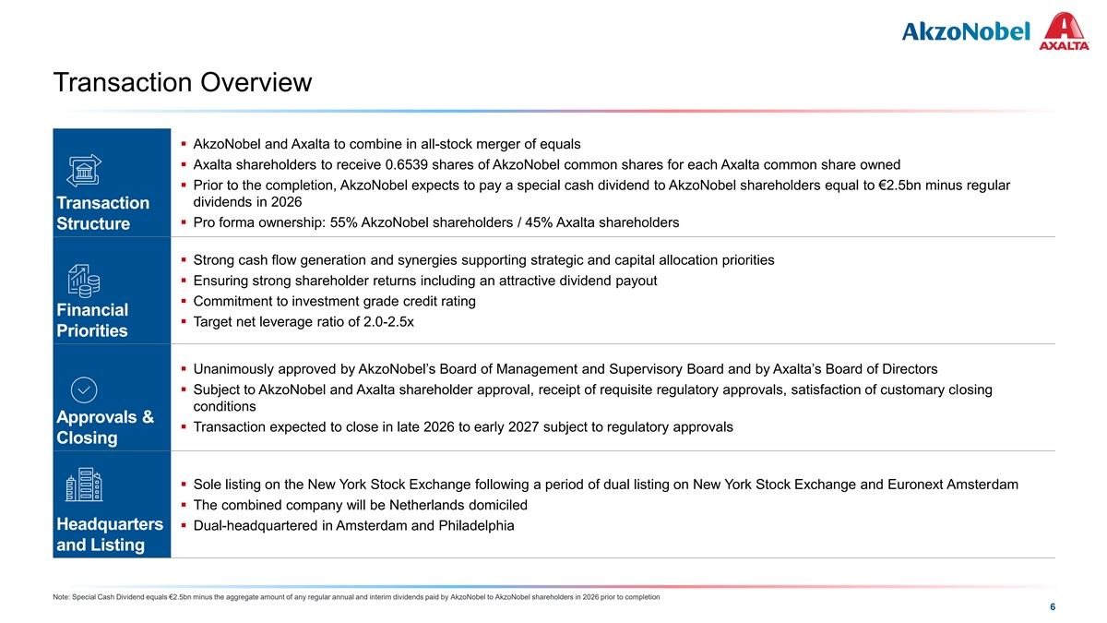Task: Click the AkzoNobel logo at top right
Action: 965,31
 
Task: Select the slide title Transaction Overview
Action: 183,83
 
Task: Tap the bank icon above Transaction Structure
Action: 84,171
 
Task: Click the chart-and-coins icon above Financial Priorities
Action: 84,278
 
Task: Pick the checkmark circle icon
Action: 84,389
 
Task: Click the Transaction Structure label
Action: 102,213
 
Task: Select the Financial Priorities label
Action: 92,319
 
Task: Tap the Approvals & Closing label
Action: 104,426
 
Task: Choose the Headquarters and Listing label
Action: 110,534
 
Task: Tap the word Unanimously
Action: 239,369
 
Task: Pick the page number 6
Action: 1053,607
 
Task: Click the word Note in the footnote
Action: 63,597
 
